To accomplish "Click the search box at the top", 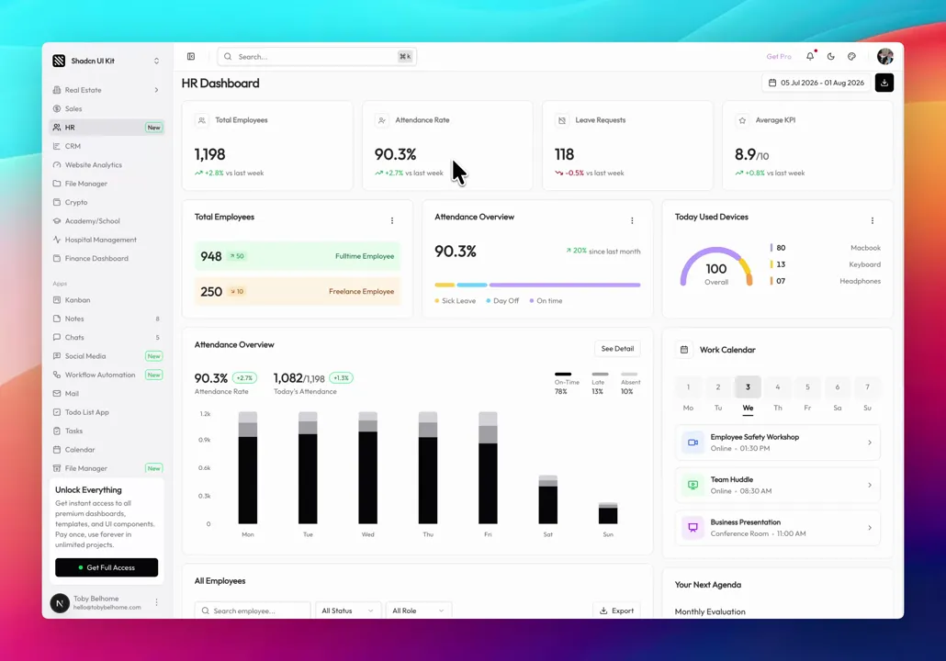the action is click(x=317, y=57).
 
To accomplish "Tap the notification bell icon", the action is click(x=810, y=56).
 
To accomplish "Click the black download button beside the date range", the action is click(x=884, y=83).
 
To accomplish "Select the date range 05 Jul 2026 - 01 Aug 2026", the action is click(x=816, y=83).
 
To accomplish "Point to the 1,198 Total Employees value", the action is click(x=210, y=154).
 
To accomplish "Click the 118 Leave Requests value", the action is click(x=564, y=154).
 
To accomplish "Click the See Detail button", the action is click(x=617, y=349).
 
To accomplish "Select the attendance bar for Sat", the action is click(x=547, y=499).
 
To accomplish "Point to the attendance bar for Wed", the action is click(x=368, y=467).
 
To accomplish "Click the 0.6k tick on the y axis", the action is click(x=205, y=468).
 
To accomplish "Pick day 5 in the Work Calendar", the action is click(x=807, y=387).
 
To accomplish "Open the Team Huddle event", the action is click(x=778, y=485).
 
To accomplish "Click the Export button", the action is click(x=616, y=611).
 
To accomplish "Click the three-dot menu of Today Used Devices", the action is click(x=873, y=220).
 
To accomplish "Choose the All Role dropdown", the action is click(x=418, y=611).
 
